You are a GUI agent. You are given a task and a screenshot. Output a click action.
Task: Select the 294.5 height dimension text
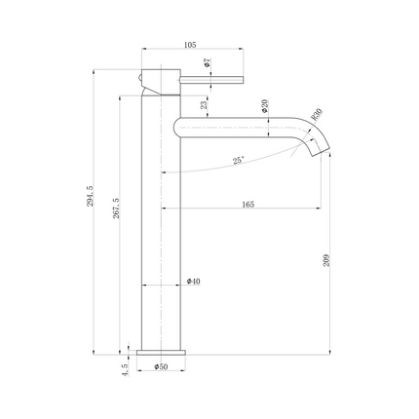point(90,198)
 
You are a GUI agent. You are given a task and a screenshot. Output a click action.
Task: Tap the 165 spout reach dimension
point(247,204)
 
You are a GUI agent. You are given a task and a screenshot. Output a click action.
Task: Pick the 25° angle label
point(239,160)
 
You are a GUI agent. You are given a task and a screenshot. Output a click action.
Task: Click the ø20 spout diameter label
point(265,108)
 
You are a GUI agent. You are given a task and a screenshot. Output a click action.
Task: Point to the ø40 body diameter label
point(193,281)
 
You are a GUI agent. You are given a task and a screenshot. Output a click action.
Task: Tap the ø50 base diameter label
point(163,366)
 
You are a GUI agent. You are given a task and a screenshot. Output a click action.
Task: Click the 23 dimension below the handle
point(203,106)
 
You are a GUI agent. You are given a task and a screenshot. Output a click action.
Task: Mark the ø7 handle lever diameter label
point(206,62)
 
